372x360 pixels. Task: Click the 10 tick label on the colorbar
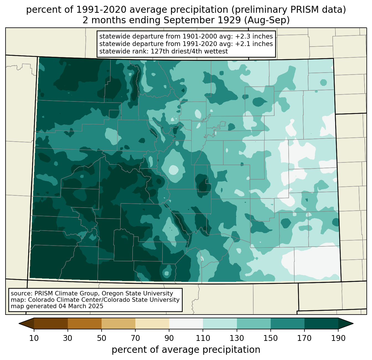[x=34, y=338]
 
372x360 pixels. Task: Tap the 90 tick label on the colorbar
[x=169, y=338]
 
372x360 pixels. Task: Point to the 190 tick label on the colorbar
[x=338, y=338]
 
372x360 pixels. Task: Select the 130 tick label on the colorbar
[x=237, y=338]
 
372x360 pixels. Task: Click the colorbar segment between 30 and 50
[x=85, y=323]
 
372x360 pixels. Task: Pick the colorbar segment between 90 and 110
[x=186, y=323]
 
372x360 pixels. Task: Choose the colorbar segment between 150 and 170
[x=288, y=323]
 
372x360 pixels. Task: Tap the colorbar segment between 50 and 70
[x=118, y=323]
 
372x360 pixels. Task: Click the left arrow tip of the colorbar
[x=20, y=323]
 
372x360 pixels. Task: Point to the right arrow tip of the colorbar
[x=352, y=323]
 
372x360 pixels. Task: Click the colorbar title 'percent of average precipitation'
[x=186, y=350]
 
